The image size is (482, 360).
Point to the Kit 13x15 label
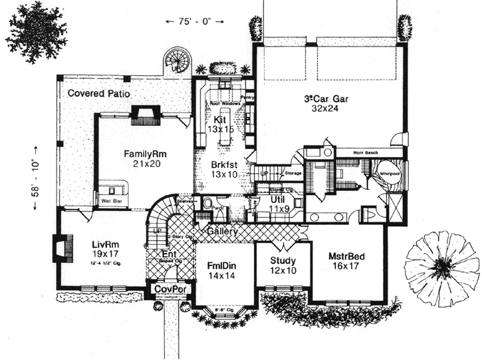[x=220, y=124]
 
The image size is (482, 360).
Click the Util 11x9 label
[x=278, y=204]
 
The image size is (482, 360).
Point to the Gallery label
[x=223, y=231]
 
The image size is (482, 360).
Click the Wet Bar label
[x=110, y=200]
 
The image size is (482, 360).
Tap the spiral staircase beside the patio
[x=178, y=59]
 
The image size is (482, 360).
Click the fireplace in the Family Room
[x=144, y=114]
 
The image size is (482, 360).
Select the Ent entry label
[x=169, y=254]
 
